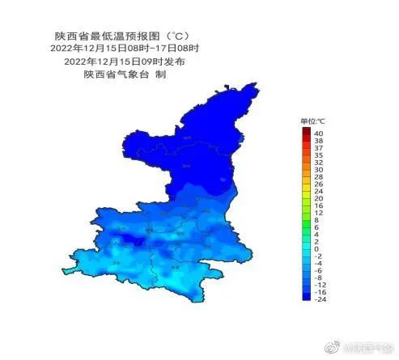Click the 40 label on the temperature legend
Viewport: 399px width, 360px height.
pos(319,133)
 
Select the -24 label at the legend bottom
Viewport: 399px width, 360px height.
pos(320,299)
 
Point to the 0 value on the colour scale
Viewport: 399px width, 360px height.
pos(316,248)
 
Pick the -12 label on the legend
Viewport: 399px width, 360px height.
pos(320,285)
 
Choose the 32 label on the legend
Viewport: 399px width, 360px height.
pos(319,162)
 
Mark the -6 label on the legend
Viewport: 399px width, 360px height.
pos(318,270)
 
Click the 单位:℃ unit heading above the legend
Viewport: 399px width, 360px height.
pos(312,121)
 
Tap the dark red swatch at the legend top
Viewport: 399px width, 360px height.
pos(306,132)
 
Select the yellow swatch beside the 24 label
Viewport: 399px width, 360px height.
pos(306,189)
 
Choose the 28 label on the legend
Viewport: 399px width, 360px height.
pos(319,176)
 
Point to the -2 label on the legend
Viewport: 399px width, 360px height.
pos(318,256)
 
